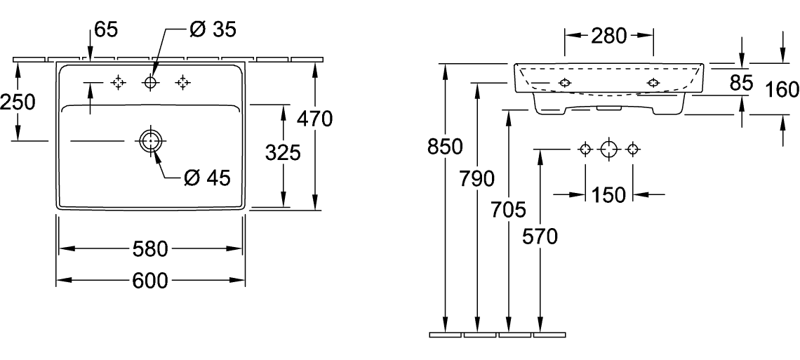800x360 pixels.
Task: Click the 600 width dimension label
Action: [150, 281]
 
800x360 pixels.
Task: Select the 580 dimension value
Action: [150, 249]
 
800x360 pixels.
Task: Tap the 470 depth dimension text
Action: [313, 120]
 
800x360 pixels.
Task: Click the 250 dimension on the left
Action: [18, 102]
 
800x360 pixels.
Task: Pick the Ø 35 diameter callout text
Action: [213, 29]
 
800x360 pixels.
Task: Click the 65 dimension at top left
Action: [105, 29]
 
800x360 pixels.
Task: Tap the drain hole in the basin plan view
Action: [151, 141]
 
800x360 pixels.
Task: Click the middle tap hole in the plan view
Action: [150, 84]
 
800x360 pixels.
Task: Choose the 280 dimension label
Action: [609, 36]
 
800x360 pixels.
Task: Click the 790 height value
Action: [478, 180]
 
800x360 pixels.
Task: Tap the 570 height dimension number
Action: [540, 238]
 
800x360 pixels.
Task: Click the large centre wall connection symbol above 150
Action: [609, 149]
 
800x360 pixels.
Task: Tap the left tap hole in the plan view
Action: [118, 84]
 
